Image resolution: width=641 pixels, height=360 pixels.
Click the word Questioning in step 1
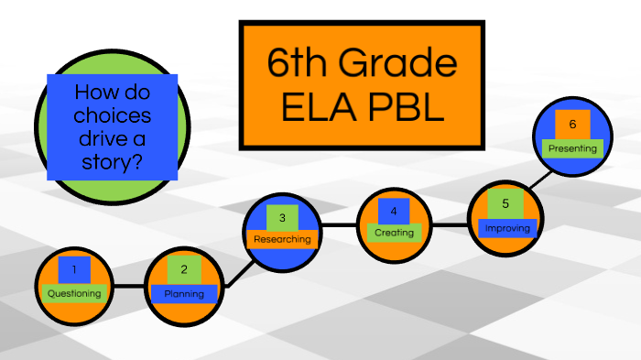coord(74,293)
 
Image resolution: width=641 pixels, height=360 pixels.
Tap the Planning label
coord(184,294)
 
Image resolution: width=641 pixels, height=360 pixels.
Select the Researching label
coord(282,239)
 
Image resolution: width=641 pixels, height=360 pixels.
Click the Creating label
coord(394,233)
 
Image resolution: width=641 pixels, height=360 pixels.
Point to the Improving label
coord(506,227)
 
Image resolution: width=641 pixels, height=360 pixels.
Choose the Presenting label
coord(572,147)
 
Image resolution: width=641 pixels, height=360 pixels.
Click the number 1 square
coord(74,269)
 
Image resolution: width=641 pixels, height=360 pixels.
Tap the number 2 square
coord(184,269)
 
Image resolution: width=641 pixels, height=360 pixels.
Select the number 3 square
coord(282,217)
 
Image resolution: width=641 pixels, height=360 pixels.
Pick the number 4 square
coord(394,211)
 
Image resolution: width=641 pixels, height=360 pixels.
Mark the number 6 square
coord(572,124)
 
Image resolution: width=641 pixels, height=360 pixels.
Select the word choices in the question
coord(113,116)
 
